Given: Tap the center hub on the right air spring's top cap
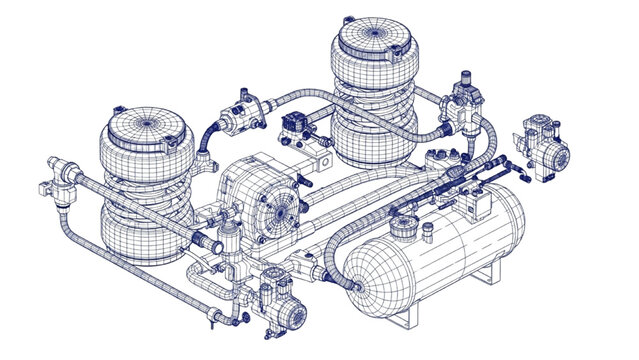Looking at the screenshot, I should (373, 34).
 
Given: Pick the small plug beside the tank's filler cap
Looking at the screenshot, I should (427, 234).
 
